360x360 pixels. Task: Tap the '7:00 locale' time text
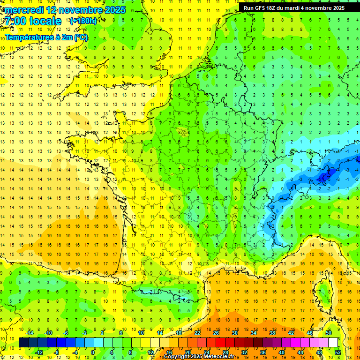click(x=33, y=21)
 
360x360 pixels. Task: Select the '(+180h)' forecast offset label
click(x=83, y=21)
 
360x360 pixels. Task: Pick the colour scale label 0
click(x=92, y=352)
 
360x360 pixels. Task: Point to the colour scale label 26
click(x=216, y=333)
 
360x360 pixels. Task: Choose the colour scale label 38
click(x=272, y=333)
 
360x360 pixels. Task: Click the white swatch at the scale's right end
click(x=333, y=343)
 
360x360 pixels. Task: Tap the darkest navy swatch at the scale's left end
click(x=23, y=343)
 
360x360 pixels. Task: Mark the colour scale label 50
click(x=329, y=333)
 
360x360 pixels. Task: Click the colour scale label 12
click(x=150, y=352)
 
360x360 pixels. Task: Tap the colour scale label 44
click(x=300, y=352)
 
